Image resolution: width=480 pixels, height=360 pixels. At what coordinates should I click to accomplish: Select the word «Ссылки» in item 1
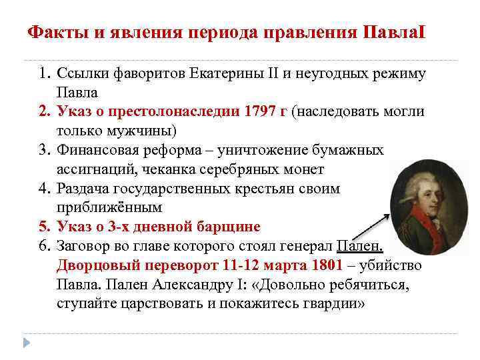pyautogui.click(x=79, y=73)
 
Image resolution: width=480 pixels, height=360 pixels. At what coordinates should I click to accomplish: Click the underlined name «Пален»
pyautogui.click(x=360, y=245)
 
